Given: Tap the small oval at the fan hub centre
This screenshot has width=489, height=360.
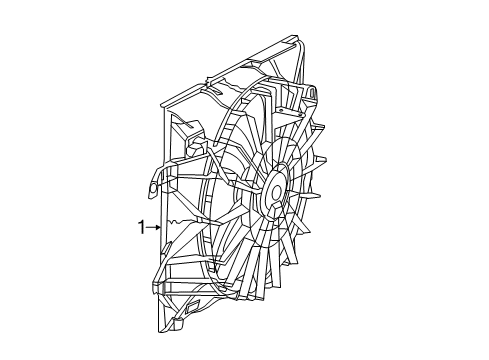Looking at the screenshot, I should pyautogui.click(x=273, y=189).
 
